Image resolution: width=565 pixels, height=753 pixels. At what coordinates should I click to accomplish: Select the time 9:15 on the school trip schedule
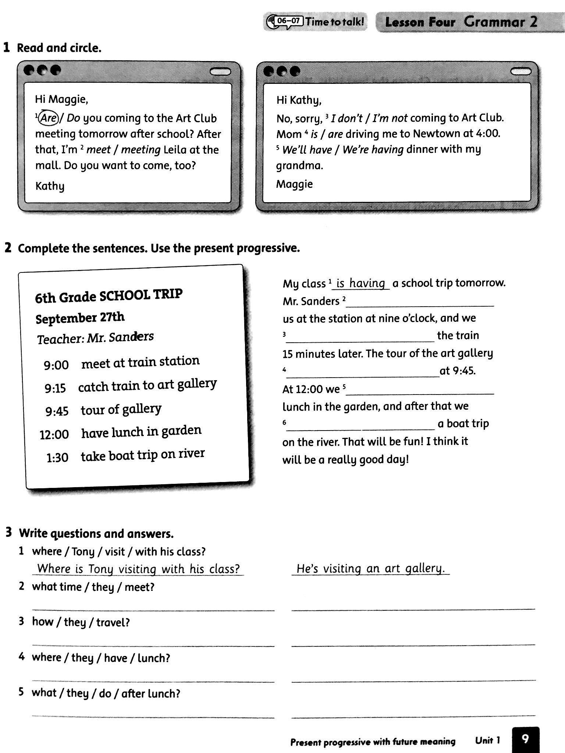55,388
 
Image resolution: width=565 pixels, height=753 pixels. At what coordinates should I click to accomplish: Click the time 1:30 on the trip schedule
57,458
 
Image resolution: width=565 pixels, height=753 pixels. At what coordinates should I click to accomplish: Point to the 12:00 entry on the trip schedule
54,434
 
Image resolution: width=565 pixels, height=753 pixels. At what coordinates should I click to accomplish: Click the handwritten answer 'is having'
360,283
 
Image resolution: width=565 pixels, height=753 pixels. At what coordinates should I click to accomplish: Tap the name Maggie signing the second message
294,184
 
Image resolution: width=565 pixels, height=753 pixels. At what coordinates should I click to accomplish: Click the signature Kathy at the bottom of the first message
50,186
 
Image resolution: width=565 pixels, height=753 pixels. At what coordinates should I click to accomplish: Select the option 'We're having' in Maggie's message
373,149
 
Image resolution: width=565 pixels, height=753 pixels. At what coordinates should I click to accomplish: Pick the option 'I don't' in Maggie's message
347,118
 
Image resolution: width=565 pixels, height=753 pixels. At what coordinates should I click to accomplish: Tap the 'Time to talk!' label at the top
334,22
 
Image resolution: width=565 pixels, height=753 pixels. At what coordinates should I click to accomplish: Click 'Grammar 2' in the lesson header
500,22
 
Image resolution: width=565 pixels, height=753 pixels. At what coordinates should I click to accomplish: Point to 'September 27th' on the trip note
80,318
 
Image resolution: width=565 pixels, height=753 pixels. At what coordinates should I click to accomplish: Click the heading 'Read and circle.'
59,48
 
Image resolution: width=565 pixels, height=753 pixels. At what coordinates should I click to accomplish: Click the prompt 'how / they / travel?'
81,622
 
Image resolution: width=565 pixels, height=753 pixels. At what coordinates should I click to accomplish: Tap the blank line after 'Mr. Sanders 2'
420,302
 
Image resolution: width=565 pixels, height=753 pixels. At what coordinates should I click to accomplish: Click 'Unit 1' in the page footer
487,740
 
